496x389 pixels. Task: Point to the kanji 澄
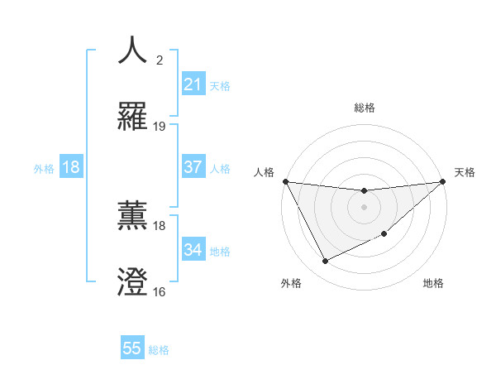(133, 282)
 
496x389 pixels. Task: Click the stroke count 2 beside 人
(159, 60)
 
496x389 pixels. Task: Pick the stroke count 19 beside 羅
(160, 127)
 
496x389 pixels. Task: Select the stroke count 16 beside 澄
(160, 292)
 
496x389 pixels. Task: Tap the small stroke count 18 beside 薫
(160, 225)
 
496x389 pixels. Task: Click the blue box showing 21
(193, 84)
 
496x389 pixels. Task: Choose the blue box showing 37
(193, 167)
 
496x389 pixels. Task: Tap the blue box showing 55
(132, 348)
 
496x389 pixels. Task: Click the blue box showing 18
(71, 167)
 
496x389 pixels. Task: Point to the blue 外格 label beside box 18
(44, 168)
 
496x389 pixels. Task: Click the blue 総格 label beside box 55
(159, 350)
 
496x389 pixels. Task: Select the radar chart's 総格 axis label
(364, 108)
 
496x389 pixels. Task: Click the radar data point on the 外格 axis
(325, 262)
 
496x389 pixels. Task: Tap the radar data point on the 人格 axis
(285, 181)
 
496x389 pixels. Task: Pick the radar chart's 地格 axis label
(433, 284)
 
